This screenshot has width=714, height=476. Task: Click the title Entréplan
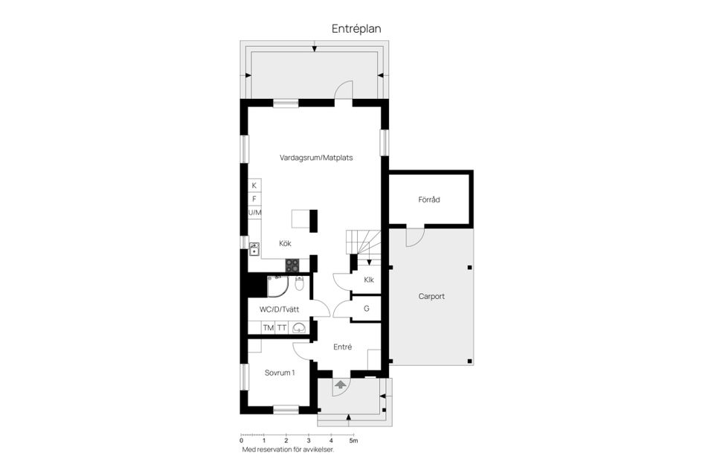356,28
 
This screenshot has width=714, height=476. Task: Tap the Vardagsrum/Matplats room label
316,158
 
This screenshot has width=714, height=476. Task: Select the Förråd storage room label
430,199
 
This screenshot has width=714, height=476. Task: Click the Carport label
431,296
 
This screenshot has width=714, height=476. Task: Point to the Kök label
286,243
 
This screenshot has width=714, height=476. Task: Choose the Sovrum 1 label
280,372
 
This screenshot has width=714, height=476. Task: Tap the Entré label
342,347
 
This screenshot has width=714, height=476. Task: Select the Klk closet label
368,280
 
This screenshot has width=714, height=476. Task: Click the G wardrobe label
367,309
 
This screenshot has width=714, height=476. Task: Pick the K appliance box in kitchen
254,185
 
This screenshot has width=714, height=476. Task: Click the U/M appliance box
254,213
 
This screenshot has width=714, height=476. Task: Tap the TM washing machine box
268,327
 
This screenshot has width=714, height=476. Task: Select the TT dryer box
282,327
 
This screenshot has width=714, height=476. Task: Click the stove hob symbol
292,265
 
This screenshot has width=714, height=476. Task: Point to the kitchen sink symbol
254,249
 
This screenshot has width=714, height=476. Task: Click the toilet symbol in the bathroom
299,283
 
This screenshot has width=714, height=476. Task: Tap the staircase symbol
364,245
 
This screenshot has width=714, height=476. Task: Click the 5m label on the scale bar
354,441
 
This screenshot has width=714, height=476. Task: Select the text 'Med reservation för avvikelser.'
288,450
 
